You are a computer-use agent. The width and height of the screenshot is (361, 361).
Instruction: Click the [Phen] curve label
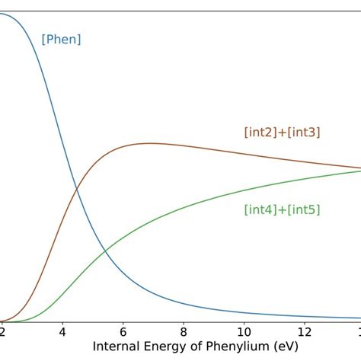tap(61, 40)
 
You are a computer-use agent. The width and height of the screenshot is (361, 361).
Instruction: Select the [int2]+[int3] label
tap(282, 132)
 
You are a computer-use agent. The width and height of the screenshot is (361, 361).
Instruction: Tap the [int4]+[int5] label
tap(282, 209)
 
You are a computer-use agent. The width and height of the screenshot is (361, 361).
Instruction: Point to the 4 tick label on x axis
tap(62, 332)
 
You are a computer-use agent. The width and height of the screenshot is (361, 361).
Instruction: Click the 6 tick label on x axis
tap(123, 332)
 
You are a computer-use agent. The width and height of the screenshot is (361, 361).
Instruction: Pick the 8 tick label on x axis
tap(184, 332)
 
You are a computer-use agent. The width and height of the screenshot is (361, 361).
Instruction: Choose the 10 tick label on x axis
tap(244, 332)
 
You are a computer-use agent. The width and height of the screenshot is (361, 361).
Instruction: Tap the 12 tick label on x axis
tap(305, 332)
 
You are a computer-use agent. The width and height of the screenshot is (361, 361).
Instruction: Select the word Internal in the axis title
tap(117, 347)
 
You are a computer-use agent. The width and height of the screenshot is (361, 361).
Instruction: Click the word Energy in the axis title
tap(164, 347)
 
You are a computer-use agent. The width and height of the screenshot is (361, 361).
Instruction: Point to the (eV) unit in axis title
tap(281, 347)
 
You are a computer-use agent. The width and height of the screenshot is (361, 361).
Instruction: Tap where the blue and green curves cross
tap(105, 248)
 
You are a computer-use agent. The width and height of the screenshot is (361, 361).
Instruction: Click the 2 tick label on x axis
tap(2, 332)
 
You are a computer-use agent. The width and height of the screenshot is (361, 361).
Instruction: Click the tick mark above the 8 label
tap(184, 324)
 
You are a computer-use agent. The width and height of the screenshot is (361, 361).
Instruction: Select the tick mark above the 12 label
tap(305, 324)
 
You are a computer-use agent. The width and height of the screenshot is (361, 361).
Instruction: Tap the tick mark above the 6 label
tap(123, 324)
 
